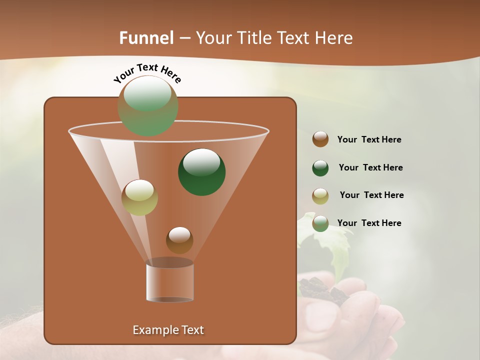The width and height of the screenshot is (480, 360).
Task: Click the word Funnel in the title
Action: coord(146,38)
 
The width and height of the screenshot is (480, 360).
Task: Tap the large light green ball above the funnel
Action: coord(148,105)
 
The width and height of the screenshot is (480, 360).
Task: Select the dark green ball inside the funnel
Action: coord(202,171)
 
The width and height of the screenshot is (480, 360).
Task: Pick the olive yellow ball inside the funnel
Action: coord(139,197)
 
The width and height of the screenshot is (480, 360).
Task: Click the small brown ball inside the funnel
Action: coord(179,240)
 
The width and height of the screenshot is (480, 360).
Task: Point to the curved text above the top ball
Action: coord(147,73)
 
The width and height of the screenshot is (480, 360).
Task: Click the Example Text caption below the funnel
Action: coord(168,330)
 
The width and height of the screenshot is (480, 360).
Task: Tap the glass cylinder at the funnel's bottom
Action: coord(169,282)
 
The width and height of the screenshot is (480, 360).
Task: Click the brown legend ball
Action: coord(320,139)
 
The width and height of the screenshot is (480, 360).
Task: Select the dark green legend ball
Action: coord(320,168)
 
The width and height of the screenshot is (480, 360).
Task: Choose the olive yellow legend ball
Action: coord(320,195)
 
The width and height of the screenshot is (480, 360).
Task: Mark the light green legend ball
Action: coord(320,223)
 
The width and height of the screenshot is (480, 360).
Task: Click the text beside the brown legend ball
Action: coord(369,140)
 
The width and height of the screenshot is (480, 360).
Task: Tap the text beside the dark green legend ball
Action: coord(370,168)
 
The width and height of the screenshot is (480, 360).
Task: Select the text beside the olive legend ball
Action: coord(371,195)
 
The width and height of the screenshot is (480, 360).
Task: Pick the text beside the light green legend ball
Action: coord(369,223)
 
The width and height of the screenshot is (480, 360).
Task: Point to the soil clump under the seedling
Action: coord(320,290)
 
